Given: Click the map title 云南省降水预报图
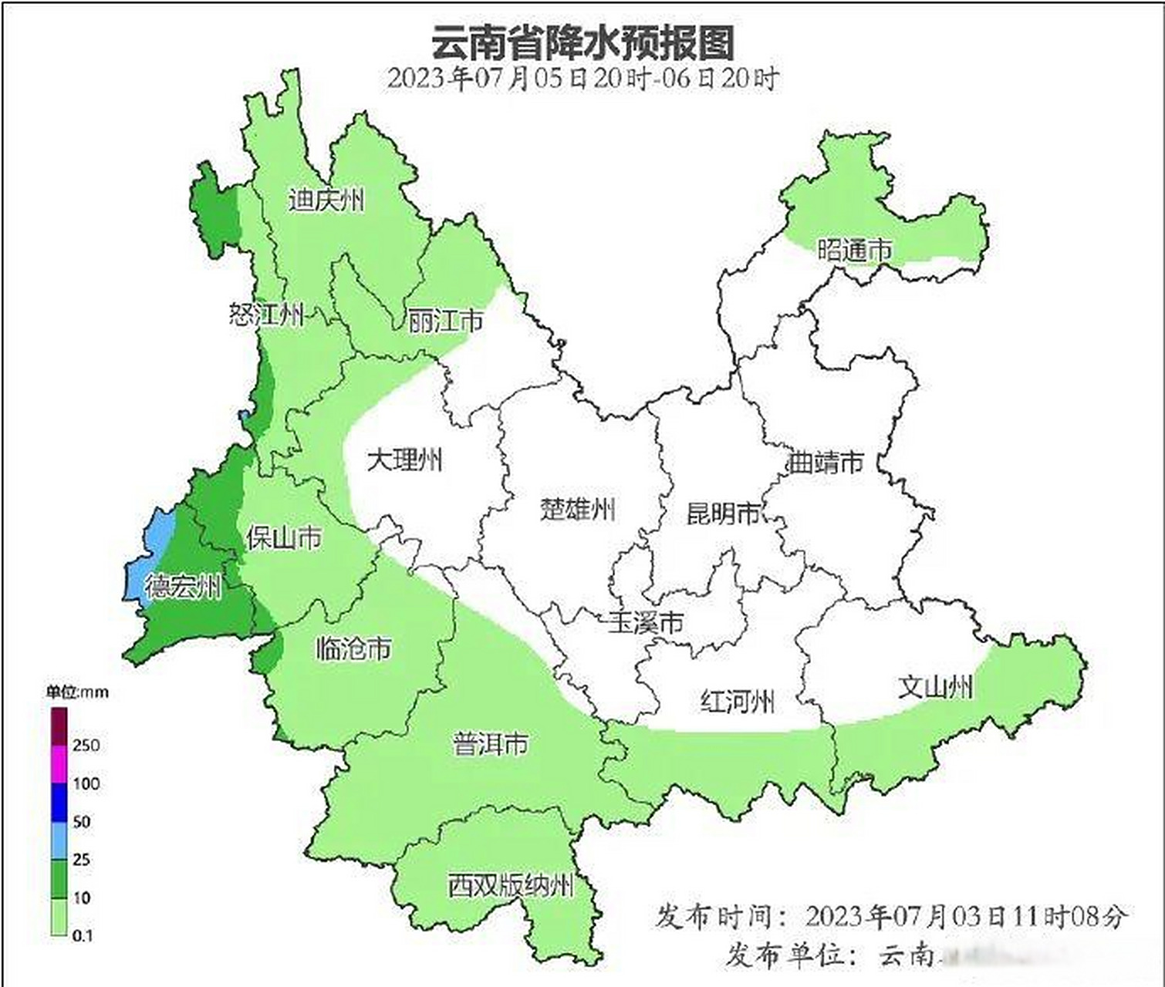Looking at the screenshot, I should pyautogui.click(x=582, y=42).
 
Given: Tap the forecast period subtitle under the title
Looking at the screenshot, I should pyautogui.click(x=582, y=79).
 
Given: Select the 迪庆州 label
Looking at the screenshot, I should pyautogui.click(x=326, y=200).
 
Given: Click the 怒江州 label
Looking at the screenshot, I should pyautogui.click(x=266, y=315).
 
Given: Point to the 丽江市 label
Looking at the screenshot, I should pyautogui.click(x=445, y=321).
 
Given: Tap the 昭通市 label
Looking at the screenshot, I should pyautogui.click(x=854, y=250).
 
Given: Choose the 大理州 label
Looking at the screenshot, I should pyautogui.click(x=404, y=460).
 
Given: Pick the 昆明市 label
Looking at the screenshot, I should pyautogui.click(x=724, y=513).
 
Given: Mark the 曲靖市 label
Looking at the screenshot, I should pyautogui.click(x=824, y=463).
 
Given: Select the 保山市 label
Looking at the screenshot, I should pyautogui.click(x=283, y=537).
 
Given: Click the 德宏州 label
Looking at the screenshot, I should pyautogui.click(x=183, y=587).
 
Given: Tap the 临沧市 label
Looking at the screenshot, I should pyautogui.click(x=353, y=648).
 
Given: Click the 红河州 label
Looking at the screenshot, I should pyautogui.click(x=737, y=702).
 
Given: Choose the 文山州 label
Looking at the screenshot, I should pyautogui.click(x=934, y=686).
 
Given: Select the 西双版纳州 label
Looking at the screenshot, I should pyautogui.click(x=511, y=885).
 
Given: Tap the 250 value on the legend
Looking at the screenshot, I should pyautogui.click(x=86, y=745).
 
